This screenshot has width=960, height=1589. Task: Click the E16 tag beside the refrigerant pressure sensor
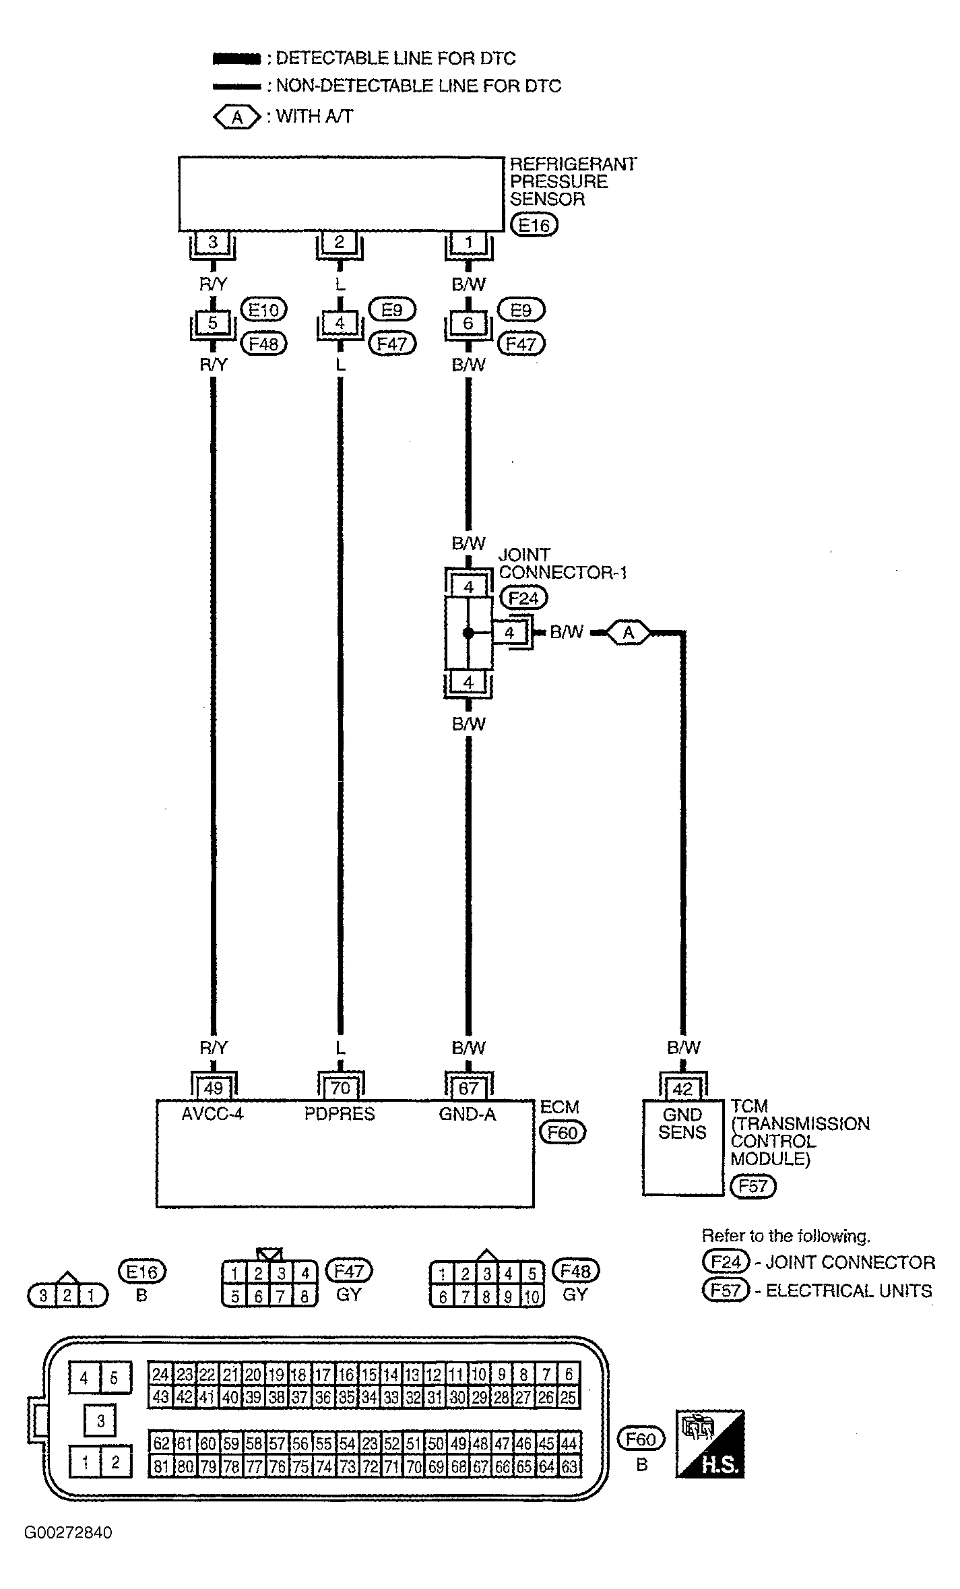click(x=534, y=224)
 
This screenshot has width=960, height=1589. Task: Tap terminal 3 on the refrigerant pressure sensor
click(x=213, y=243)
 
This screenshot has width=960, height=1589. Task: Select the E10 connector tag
click(x=263, y=310)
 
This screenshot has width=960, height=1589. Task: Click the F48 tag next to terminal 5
click(x=263, y=344)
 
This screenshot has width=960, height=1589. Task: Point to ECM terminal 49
click(x=213, y=1088)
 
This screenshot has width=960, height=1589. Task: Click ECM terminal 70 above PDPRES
click(x=340, y=1088)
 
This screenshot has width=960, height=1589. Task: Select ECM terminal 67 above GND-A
click(x=468, y=1088)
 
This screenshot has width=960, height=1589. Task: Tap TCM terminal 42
click(x=682, y=1089)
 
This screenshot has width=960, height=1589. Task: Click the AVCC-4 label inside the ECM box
click(x=212, y=1114)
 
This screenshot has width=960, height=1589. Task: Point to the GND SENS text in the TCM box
click(x=682, y=1123)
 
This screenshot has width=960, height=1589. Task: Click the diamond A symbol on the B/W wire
click(x=629, y=633)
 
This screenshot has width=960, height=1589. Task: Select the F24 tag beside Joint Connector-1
click(x=523, y=598)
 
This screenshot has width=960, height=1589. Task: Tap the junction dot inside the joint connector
click(x=468, y=633)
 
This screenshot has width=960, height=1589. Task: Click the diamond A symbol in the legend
click(x=236, y=117)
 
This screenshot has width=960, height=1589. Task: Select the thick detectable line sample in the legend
click(x=236, y=59)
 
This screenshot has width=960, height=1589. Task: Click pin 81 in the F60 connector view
click(x=161, y=1467)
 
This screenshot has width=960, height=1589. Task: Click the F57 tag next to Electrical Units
click(x=726, y=1290)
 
